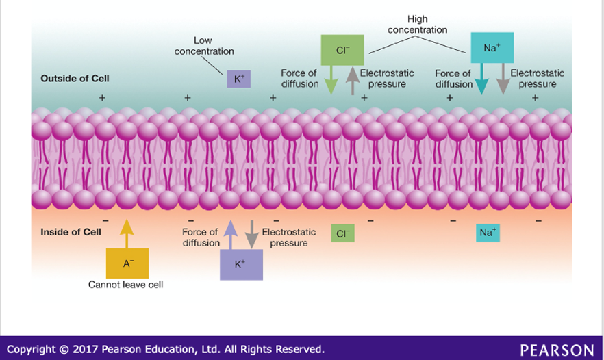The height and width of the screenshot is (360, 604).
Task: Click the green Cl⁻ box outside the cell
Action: [342, 49]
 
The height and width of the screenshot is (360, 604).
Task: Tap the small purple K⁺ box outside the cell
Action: [238, 79]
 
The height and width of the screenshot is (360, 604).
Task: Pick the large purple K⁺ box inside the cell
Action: [240, 264]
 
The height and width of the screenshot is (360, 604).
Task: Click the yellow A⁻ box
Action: [127, 263]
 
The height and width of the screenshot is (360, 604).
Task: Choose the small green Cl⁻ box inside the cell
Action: [342, 233]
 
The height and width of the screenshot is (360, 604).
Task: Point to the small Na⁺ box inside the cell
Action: [488, 233]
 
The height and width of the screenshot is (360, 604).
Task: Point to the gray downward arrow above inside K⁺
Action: [251, 234]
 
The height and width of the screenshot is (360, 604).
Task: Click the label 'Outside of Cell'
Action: [75, 79]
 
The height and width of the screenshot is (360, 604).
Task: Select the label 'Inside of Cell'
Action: [71, 232]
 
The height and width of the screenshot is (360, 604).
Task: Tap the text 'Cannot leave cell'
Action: [126, 285]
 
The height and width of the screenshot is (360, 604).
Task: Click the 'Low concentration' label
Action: [203, 46]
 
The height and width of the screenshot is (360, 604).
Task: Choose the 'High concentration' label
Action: [417, 25]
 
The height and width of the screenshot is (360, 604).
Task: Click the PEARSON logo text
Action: [557, 350]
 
